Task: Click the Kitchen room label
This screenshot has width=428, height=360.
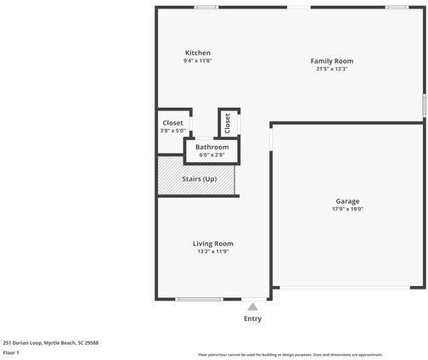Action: point(197,53)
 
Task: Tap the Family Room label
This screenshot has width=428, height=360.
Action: point(331,61)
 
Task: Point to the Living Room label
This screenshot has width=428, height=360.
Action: point(212,244)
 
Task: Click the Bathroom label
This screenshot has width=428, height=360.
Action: point(211,147)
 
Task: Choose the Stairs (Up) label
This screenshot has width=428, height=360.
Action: point(200,179)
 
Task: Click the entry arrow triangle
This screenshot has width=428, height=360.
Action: point(252,307)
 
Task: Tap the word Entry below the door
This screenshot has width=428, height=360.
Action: point(253,319)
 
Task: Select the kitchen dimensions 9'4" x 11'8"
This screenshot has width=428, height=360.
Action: point(197,61)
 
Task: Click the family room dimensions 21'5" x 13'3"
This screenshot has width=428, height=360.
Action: point(331,69)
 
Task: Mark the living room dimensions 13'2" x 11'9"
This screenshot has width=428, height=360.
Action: point(212,251)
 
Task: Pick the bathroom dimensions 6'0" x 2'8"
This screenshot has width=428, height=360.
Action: point(211,155)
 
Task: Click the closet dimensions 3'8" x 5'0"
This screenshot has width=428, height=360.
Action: point(172,131)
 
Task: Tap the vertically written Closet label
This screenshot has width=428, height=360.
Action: point(228,123)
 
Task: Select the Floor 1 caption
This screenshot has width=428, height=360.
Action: point(11,352)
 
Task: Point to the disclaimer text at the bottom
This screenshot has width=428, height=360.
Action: point(290,355)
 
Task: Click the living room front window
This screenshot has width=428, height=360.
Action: point(199,299)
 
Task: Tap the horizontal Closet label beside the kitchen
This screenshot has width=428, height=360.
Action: point(172,123)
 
